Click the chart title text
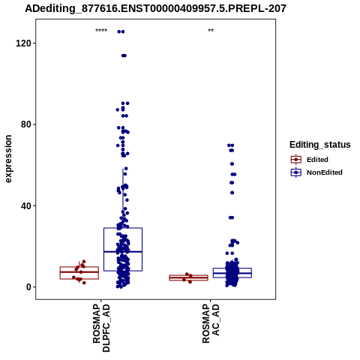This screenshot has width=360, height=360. tap(155, 9)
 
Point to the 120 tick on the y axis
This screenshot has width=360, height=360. tap(23, 43)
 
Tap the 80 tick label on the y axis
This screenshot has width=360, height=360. tap(26, 124)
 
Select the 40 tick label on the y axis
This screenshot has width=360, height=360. tap(26, 205)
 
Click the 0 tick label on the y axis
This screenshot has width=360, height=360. tap(28, 287)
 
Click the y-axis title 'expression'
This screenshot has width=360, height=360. tap(8, 159)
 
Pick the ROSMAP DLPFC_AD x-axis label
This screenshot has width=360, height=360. tap(101, 328)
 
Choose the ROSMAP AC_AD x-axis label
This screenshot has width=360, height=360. tap(211, 324)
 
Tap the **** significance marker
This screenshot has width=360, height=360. tap(101, 31)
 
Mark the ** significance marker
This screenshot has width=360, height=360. tap(211, 31)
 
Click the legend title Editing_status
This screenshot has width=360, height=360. tap(320, 145)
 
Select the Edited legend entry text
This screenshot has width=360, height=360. tap(317, 160)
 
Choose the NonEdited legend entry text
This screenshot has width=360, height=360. tap(325, 172)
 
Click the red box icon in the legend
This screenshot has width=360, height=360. tap(296, 160)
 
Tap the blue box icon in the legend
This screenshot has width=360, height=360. tap(296, 172)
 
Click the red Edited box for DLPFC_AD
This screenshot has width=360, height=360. tap(79, 267)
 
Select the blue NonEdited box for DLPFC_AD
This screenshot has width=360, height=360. tap(123, 228)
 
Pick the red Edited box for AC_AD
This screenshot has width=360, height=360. tap(189, 275)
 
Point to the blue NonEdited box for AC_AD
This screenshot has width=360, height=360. tap(232, 268)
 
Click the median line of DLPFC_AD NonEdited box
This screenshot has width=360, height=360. tap(123, 251)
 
